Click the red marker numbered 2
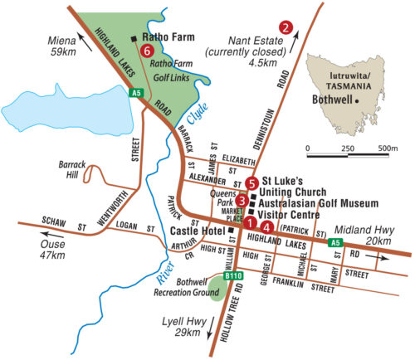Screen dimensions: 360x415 pos(286,26)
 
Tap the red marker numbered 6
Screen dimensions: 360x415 pos(147,51)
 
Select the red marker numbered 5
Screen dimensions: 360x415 pos(252,184)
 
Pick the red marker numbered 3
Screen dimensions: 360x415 pos(241,200)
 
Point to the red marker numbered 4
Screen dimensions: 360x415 pos(266,226)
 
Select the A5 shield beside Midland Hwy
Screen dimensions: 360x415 pos(334,242)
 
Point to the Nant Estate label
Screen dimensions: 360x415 pos(258,40)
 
